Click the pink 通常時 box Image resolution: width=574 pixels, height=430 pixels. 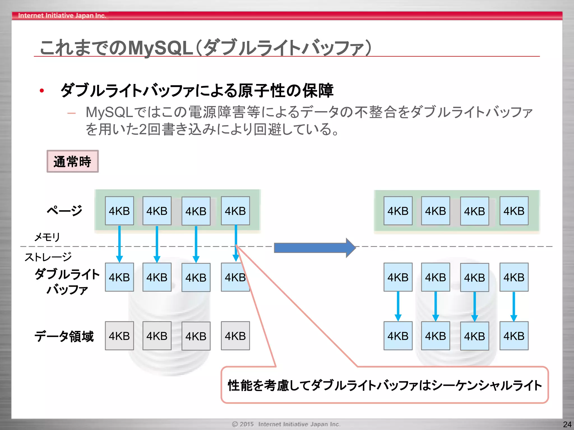(x=72, y=161)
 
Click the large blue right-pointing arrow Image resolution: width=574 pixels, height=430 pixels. (x=314, y=248)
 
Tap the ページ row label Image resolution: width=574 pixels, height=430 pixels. (x=64, y=211)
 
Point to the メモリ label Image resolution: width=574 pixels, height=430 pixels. (x=47, y=237)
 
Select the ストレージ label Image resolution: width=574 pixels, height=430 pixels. (x=48, y=257)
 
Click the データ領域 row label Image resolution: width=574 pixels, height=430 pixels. (x=64, y=336)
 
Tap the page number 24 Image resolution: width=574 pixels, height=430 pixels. (x=567, y=424)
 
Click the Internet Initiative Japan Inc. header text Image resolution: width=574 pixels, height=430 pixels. (x=62, y=16)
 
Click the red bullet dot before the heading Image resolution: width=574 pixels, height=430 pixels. (x=42, y=91)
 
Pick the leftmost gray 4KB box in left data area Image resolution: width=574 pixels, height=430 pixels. (x=119, y=336)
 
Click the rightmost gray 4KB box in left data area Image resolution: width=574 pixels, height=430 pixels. (x=235, y=336)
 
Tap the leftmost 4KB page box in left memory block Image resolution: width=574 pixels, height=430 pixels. (x=119, y=211)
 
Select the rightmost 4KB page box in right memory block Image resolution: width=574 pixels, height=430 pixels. (x=514, y=211)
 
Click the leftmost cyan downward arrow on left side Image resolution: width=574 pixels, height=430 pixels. (x=119, y=244)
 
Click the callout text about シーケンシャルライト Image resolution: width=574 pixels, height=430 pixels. (x=385, y=385)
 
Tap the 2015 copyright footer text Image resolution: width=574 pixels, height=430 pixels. (x=286, y=424)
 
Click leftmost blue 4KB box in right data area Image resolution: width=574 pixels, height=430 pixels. (x=398, y=336)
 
